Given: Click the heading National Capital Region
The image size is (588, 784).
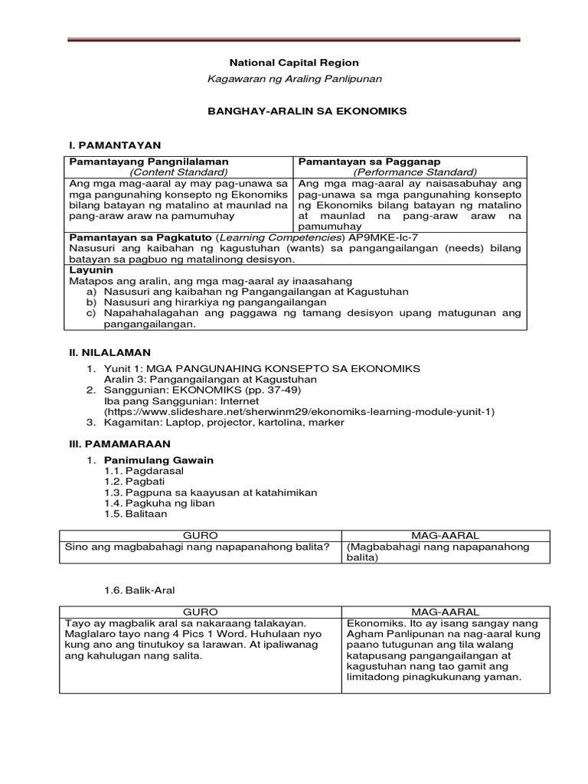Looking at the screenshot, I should pos(295,63).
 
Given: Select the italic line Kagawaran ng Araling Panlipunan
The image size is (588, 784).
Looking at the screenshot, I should pos(295,79).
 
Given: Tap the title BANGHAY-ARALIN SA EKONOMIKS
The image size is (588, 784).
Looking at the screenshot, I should pos(295,111).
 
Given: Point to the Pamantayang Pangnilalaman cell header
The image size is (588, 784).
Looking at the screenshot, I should pos(149,162).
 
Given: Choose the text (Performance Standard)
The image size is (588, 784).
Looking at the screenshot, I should pos(410,172).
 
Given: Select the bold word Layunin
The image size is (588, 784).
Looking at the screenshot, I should pos(91,270).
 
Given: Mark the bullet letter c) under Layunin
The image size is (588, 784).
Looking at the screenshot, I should pos(92,313).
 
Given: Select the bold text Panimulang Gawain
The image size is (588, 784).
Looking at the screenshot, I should pos(158,460).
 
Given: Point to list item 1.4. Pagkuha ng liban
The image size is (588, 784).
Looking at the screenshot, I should pos(158,503).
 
